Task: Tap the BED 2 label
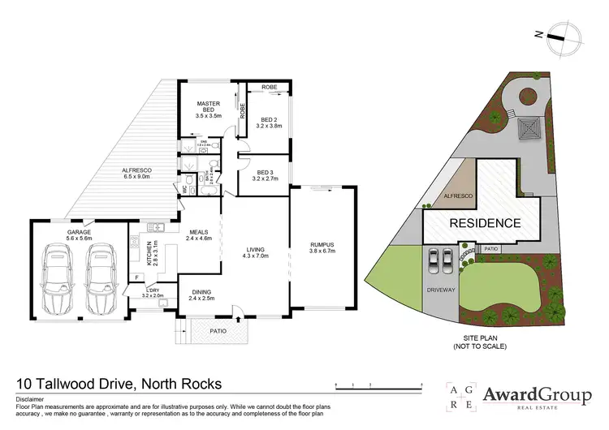tap(268, 123)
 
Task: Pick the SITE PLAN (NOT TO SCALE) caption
tap(482, 342)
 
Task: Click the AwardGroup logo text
tap(537, 395)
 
